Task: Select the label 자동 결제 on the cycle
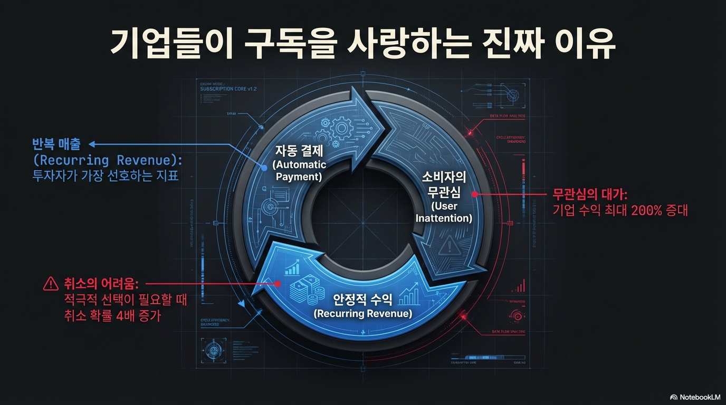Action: point(299,151)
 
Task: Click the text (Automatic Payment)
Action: point(299,170)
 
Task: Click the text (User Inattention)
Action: point(444,211)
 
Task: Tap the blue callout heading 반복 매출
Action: point(56,144)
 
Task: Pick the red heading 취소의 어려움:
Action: point(100,284)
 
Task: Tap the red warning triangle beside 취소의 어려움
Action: point(51,284)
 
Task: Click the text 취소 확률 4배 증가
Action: point(112,316)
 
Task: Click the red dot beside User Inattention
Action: point(474,194)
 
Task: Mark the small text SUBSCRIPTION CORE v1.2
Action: point(228,89)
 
